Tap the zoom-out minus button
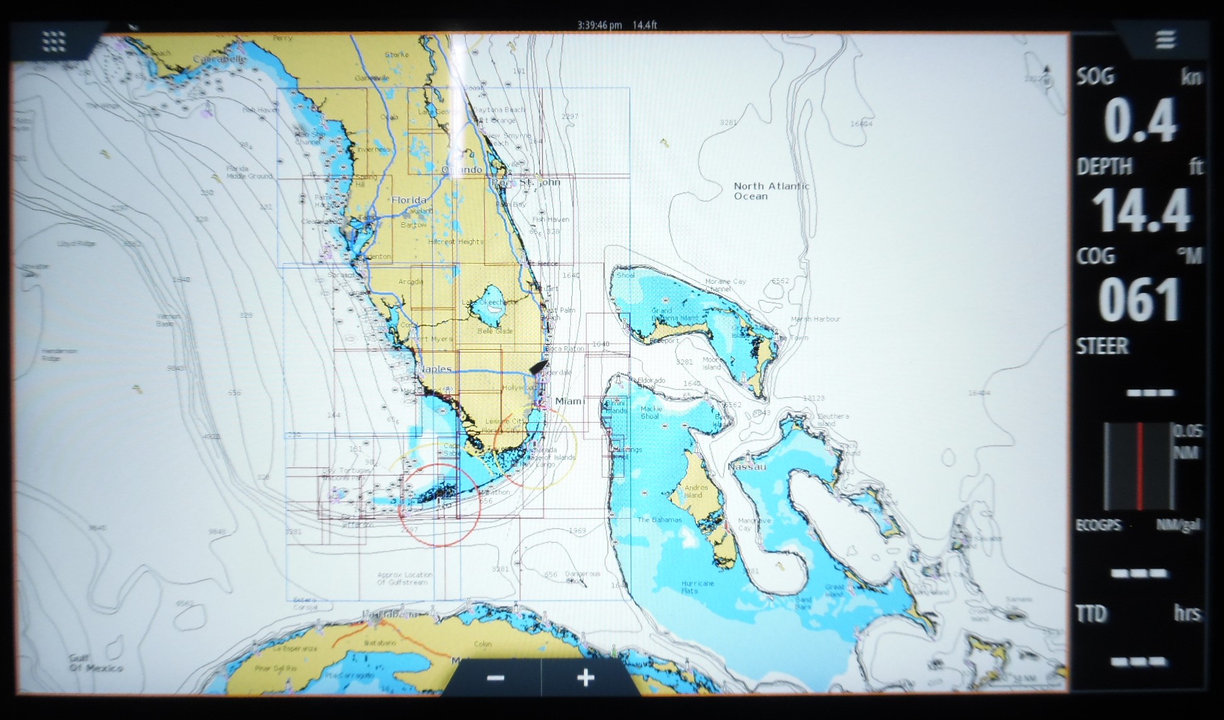[x=496, y=678]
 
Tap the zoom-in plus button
[x=586, y=678]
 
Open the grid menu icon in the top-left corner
[x=54, y=41]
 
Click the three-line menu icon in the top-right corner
[x=1165, y=40]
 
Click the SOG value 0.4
[x=1140, y=121]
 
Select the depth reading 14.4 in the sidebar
[x=1140, y=211]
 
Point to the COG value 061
[x=1139, y=300]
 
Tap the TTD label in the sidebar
[x=1091, y=613]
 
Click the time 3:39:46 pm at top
[x=599, y=25]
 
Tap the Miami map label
[x=570, y=401]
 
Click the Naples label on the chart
[x=435, y=369]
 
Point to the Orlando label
[x=461, y=170]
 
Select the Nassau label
[x=747, y=467]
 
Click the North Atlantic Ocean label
[x=771, y=191]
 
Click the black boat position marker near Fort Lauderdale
[x=539, y=368]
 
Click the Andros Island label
[x=696, y=491]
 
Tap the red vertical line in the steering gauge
[x=1139, y=466]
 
